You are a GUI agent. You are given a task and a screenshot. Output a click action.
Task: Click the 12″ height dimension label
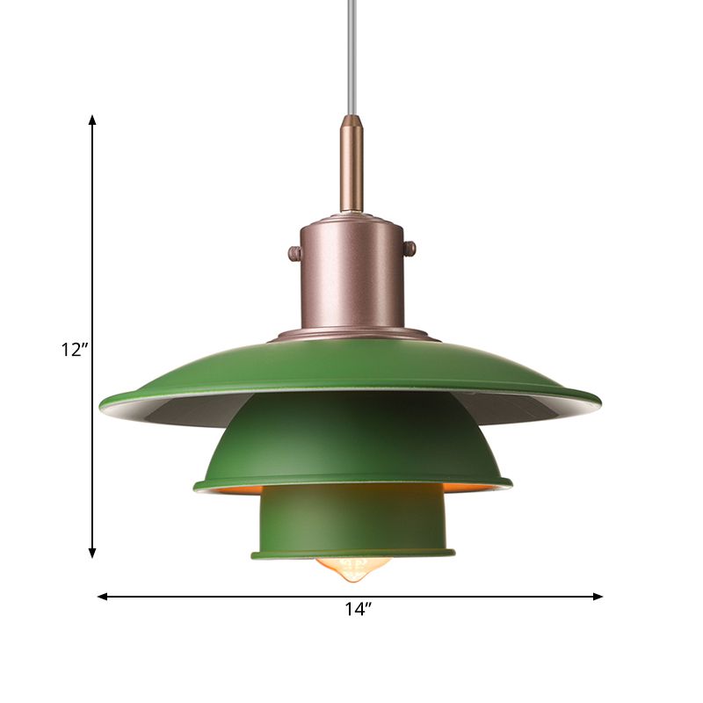click(75, 350)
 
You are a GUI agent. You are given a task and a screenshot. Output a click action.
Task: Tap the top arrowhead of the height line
click(92, 119)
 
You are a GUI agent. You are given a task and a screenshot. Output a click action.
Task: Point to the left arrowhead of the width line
click(102, 597)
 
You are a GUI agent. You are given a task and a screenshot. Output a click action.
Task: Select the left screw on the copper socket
click(294, 254)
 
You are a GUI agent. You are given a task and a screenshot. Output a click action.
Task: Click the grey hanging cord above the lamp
click(351, 53)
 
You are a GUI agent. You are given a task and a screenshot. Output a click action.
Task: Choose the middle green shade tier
click(351, 439)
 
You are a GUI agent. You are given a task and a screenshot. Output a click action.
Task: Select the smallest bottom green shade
click(351, 523)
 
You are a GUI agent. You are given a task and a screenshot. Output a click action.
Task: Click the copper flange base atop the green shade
click(351, 334)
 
